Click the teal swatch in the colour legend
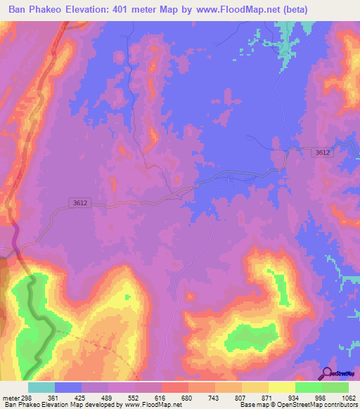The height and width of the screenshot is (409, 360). tap(41, 387)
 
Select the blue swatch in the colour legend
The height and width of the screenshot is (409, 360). tap(67, 387)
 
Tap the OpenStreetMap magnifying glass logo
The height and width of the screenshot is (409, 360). tap(327, 374)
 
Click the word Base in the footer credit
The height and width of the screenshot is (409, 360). tap(247, 405)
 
